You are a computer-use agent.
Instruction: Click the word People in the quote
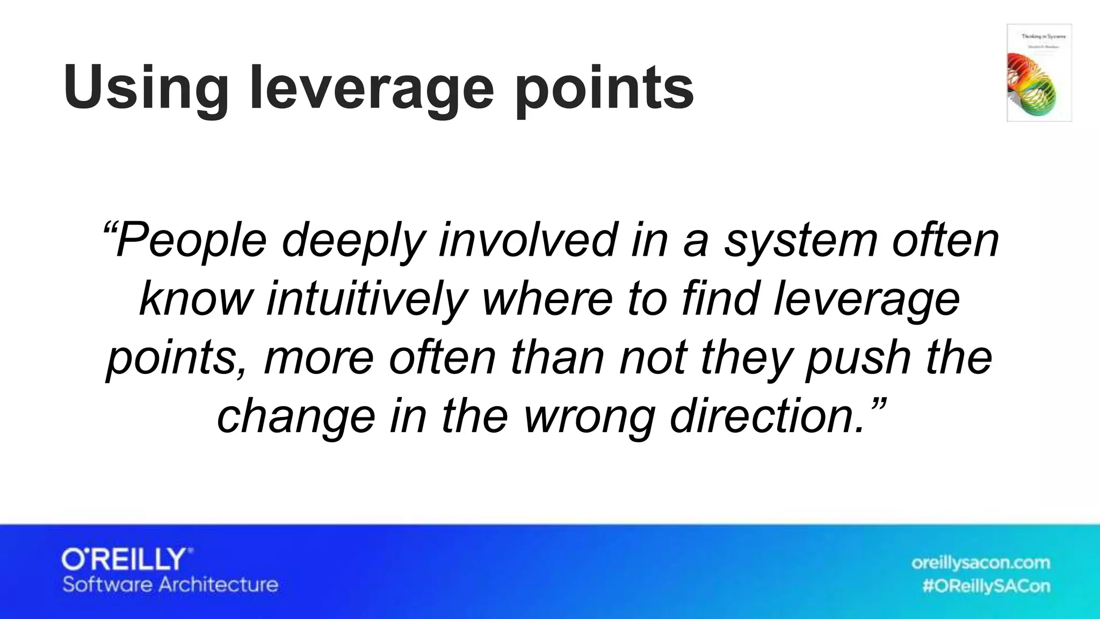[191, 240]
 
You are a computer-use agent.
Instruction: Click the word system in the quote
[801, 240]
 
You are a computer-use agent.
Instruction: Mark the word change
[296, 418]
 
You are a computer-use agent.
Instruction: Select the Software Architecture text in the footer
[170, 585]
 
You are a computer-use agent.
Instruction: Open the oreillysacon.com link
[980, 563]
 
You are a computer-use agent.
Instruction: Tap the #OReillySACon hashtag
[986, 586]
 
